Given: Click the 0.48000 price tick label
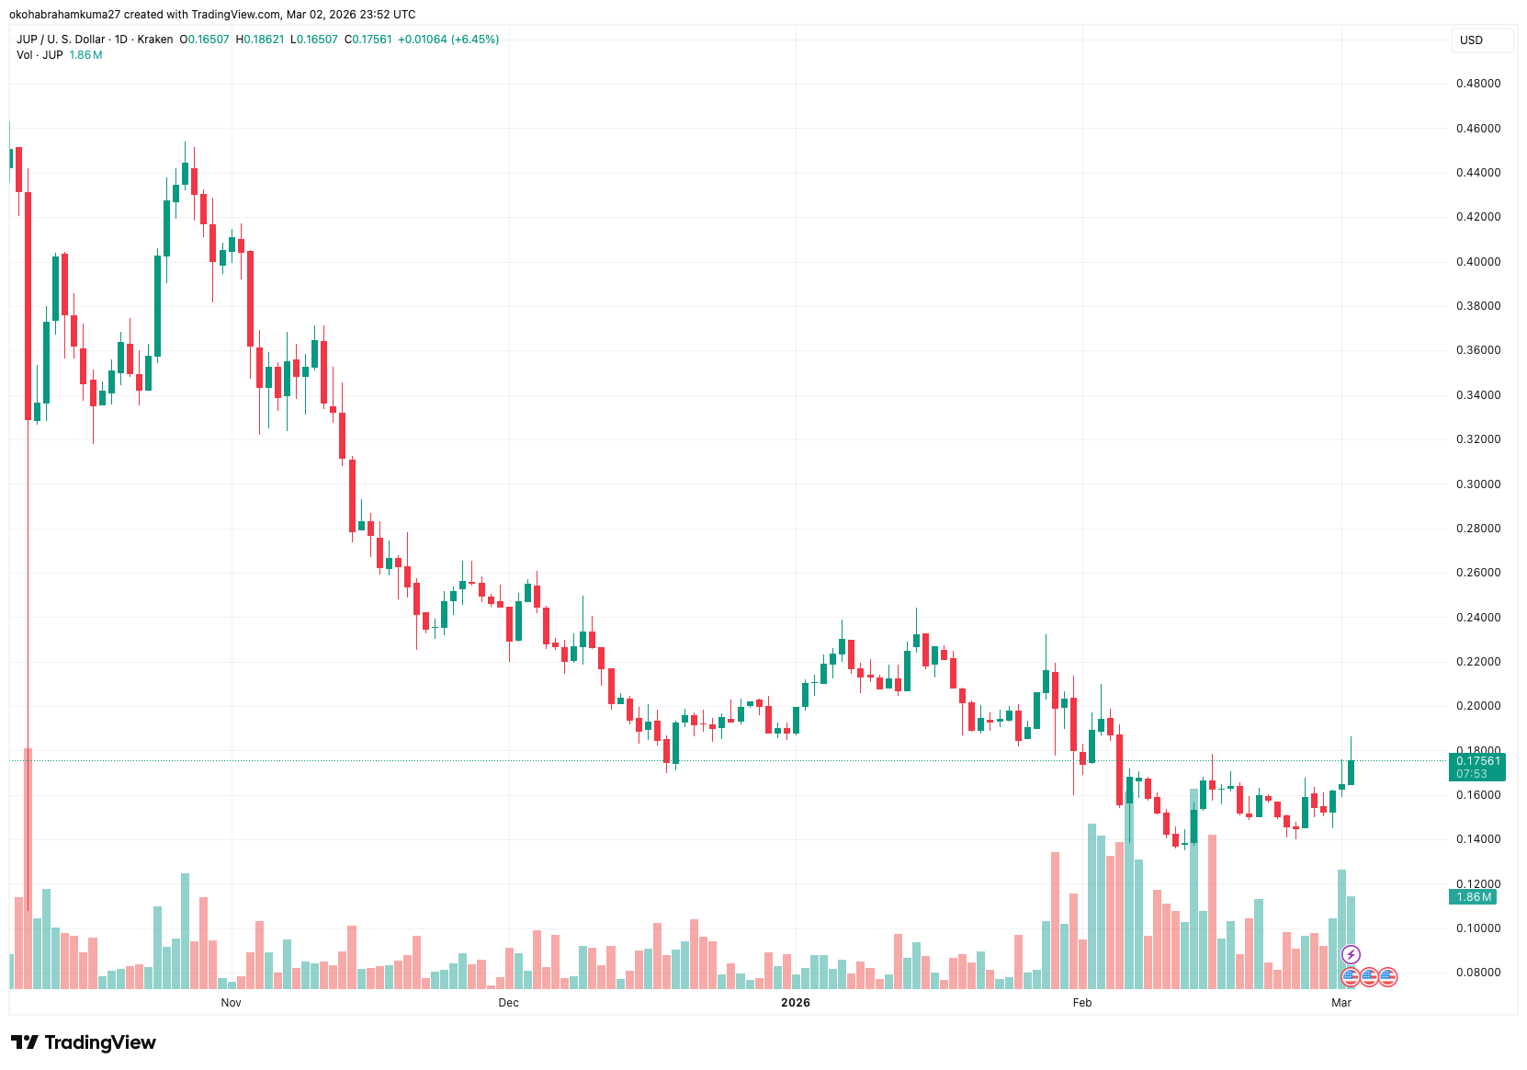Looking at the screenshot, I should tap(1477, 84).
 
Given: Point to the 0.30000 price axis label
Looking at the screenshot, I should tap(1477, 484).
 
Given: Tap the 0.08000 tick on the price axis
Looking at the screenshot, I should tap(1477, 973).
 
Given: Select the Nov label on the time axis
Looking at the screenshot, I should tap(231, 1003).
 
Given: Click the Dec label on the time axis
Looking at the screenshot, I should tap(508, 1003).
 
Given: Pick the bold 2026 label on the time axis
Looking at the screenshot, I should tap(795, 1003).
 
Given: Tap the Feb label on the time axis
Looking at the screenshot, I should tap(1082, 1003).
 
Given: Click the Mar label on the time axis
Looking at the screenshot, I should tap(1340, 1003).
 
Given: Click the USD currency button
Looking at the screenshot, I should tap(1472, 40).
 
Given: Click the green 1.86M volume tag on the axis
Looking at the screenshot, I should tap(1474, 897).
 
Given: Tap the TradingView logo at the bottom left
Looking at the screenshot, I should tap(84, 1042).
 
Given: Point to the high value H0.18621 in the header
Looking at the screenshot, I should tap(260, 40).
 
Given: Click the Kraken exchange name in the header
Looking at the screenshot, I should tap(155, 40).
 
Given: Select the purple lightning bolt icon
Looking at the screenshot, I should tap(1350, 955).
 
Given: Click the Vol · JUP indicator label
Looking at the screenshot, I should tap(40, 55).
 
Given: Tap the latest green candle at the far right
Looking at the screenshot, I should tap(1351, 771).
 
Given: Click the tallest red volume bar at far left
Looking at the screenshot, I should tap(28, 869).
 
